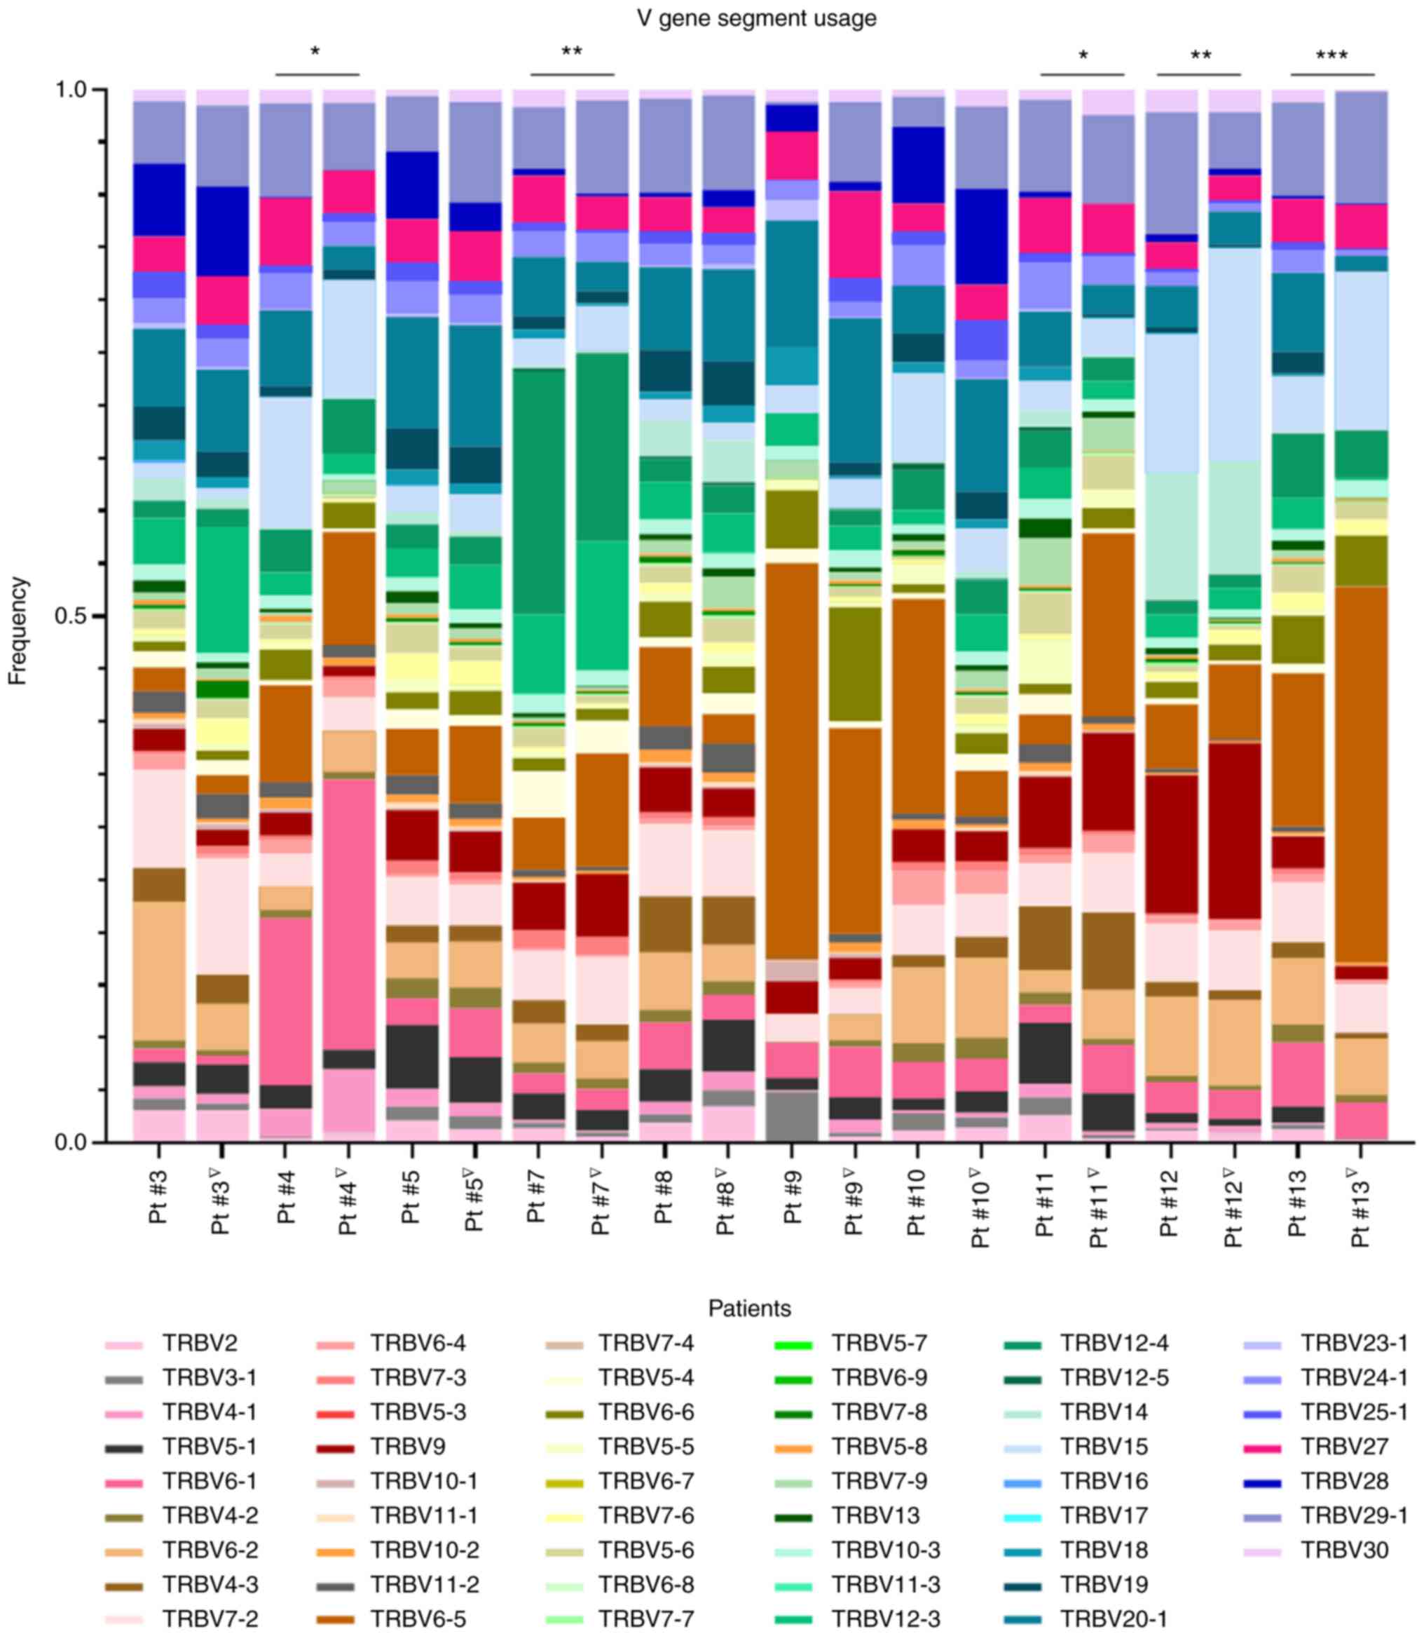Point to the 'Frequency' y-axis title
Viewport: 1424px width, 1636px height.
18,630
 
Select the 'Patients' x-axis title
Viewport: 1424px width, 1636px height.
749,1308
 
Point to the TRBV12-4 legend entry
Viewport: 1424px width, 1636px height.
1114,1344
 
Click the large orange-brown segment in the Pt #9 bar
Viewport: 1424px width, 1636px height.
791,759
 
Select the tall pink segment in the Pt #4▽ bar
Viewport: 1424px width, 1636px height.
348,914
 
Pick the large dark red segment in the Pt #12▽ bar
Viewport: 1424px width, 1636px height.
1234,831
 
